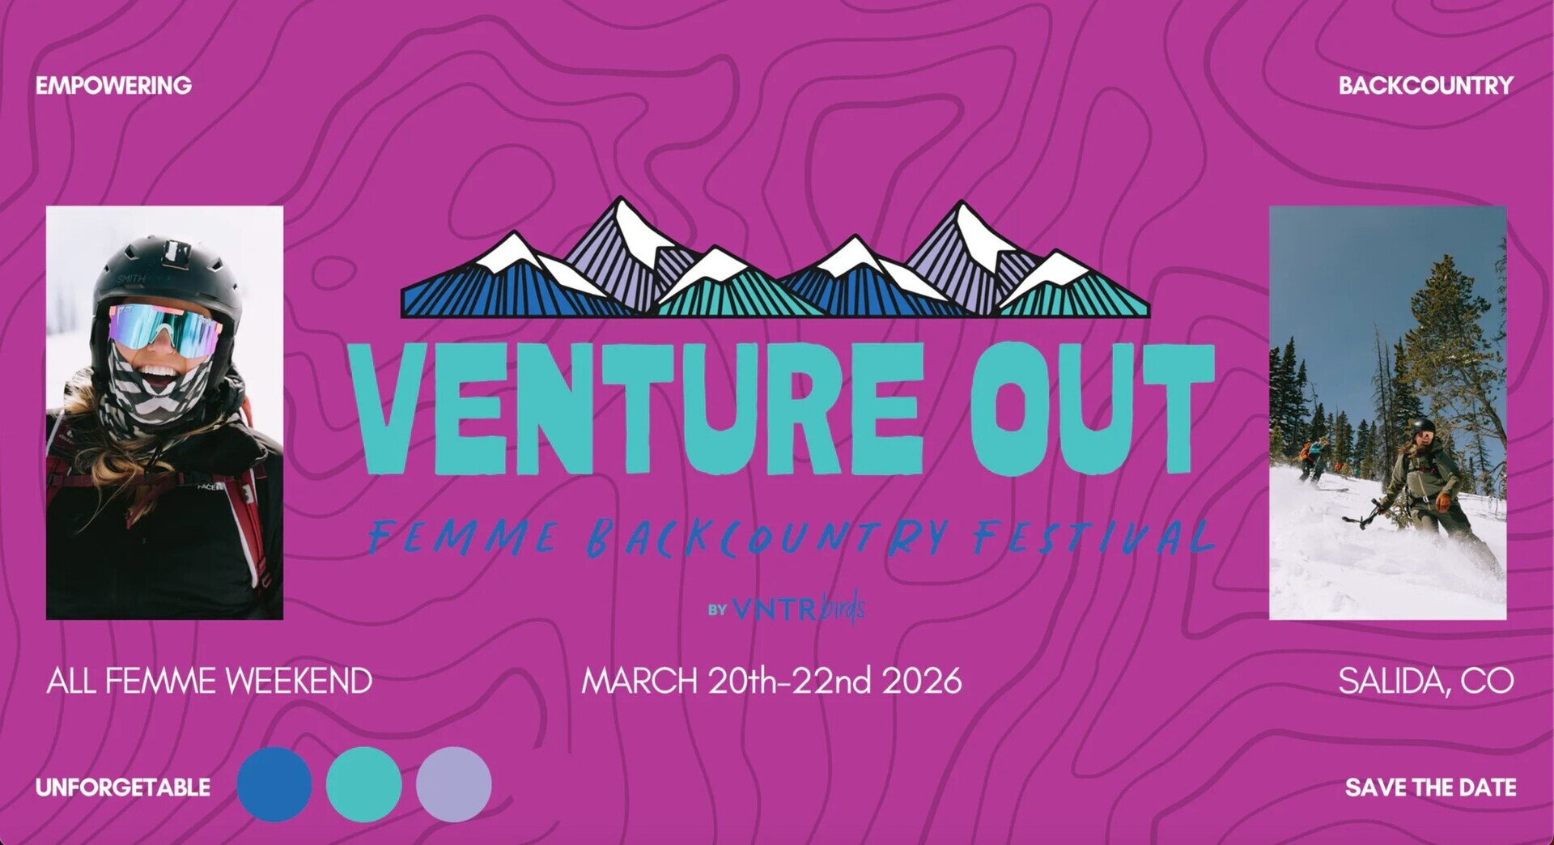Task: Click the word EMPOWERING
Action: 113,86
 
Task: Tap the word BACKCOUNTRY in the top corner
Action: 1425,86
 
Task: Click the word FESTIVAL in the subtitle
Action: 1093,536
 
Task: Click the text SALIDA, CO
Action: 1425,682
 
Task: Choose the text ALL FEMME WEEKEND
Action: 209,682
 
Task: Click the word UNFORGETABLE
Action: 123,788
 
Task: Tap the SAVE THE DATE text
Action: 1430,788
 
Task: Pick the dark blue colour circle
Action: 274,784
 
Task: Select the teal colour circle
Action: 363,784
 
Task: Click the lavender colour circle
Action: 453,784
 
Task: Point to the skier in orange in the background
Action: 1313,458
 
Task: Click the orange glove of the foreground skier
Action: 1443,501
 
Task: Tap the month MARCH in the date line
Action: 639,682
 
